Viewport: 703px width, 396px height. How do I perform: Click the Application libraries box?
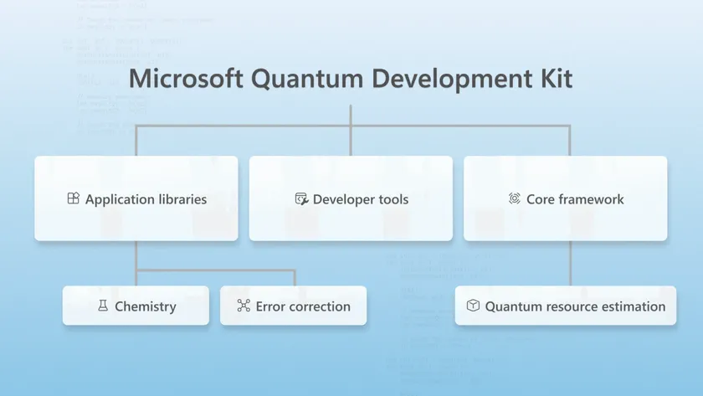point(136,198)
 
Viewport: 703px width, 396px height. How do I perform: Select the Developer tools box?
point(351,198)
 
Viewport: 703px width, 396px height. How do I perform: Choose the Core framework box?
point(565,198)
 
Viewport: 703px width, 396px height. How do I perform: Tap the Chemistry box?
point(136,306)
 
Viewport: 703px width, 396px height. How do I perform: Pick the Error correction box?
point(293,306)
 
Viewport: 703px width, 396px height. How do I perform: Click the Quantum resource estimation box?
point(565,306)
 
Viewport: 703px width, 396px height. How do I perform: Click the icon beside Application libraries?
point(73,198)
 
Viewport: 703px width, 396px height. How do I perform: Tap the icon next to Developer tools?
point(301,198)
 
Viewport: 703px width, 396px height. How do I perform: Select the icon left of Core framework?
point(515,198)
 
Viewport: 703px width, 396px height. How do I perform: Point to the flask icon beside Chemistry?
point(103,306)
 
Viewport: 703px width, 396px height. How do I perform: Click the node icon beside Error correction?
point(244,306)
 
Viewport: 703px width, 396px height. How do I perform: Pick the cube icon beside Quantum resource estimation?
point(473,306)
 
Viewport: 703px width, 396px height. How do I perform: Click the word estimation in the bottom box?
point(633,306)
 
